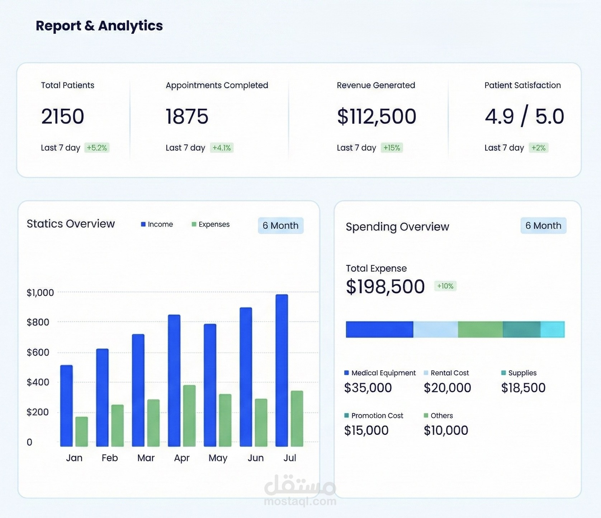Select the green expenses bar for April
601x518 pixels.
click(x=189, y=415)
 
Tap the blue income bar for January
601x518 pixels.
click(x=66, y=405)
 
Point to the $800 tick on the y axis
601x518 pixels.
click(x=38, y=322)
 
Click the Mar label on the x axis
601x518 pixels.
click(x=146, y=458)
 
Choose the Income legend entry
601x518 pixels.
click(x=157, y=224)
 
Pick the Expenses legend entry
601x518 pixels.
click(x=210, y=224)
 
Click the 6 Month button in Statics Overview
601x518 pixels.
click(x=280, y=225)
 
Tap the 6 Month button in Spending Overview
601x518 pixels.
click(x=543, y=225)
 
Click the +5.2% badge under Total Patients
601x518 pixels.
click(x=97, y=148)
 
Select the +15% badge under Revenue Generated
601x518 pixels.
click(x=392, y=148)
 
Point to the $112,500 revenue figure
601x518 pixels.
click(x=377, y=117)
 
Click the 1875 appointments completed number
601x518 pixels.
click(x=187, y=117)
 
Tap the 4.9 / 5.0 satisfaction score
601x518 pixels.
click(x=524, y=117)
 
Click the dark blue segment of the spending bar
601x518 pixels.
click(x=379, y=329)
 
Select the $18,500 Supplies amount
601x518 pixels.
click(x=523, y=388)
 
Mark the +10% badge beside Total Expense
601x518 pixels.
click(x=445, y=286)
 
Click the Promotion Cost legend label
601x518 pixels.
click(x=377, y=415)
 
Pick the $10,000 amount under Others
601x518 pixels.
click(x=446, y=431)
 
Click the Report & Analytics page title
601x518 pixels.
click(x=99, y=26)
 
